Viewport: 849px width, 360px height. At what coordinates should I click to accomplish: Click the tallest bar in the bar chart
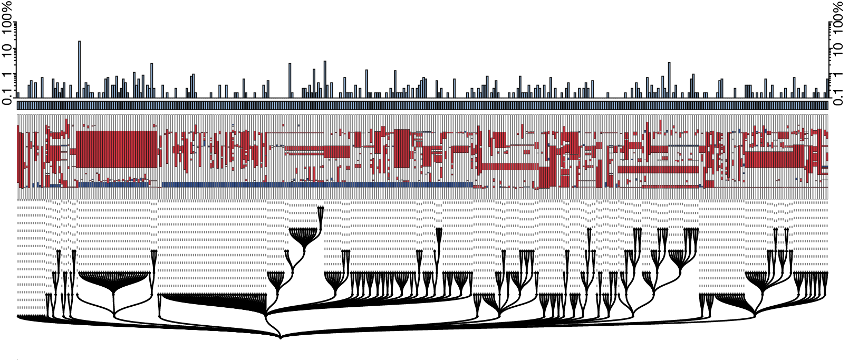point(79,70)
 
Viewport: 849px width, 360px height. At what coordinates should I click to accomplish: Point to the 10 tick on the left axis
point(7,48)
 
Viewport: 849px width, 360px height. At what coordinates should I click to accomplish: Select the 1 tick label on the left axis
point(7,74)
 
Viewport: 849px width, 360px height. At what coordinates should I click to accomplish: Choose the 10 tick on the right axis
point(839,48)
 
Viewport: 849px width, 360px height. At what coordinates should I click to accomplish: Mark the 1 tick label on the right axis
point(839,74)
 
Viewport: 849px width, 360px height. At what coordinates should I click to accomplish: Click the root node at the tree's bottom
point(281,337)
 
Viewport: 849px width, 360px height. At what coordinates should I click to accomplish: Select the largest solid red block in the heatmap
point(117,149)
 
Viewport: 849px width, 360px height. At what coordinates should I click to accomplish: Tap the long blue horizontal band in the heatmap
point(317,184)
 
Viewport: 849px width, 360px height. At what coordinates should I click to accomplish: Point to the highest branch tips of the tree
point(321,208)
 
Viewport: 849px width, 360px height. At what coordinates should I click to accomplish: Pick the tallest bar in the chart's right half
point(669,80)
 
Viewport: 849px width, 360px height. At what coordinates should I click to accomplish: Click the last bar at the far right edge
point(827,89)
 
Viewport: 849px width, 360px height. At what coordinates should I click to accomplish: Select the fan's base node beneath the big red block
point(114,315)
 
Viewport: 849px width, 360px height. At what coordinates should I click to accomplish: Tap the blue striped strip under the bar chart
point(422,105)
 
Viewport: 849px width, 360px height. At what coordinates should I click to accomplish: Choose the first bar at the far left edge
point(18,95)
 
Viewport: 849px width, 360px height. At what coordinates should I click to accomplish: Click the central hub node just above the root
point(266,315)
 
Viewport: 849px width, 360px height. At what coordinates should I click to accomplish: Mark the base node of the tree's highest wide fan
point(304,250)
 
